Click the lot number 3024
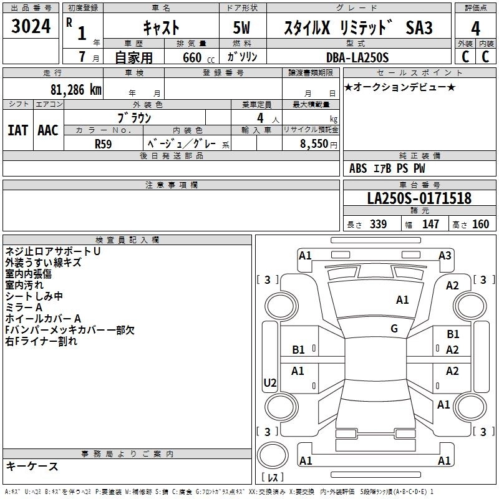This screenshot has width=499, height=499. (x=31, y=27)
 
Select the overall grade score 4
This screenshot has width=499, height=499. (x=475, y=29)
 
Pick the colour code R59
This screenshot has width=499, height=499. (x=104, y=143)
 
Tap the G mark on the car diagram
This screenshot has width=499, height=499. (x=394, y=329)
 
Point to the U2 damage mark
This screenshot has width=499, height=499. (x=270, y=382)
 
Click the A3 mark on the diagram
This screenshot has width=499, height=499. (x=445, y=254)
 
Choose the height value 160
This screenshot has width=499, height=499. (x=480, y=224)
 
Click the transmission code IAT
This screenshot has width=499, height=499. (x=17, y=130)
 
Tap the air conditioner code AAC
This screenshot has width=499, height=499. (x=48, y=130)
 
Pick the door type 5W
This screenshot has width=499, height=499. (x=242, y=29)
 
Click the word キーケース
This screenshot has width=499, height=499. (x=32, y=466)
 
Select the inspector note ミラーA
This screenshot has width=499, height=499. (x=24, y=308)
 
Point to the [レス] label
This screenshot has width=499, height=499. (x=273, y=478)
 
